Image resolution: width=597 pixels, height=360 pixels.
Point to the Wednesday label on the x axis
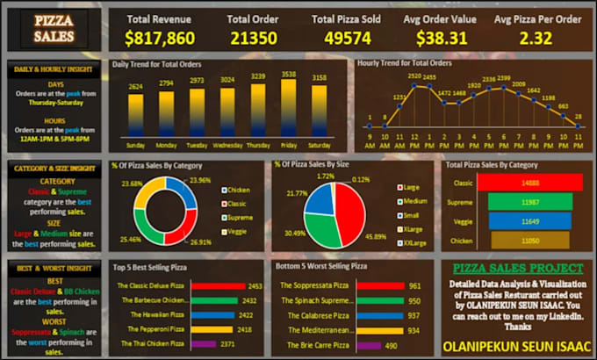click(x=227, y=146)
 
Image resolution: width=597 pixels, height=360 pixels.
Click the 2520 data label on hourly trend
click(x=413, y=76)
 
